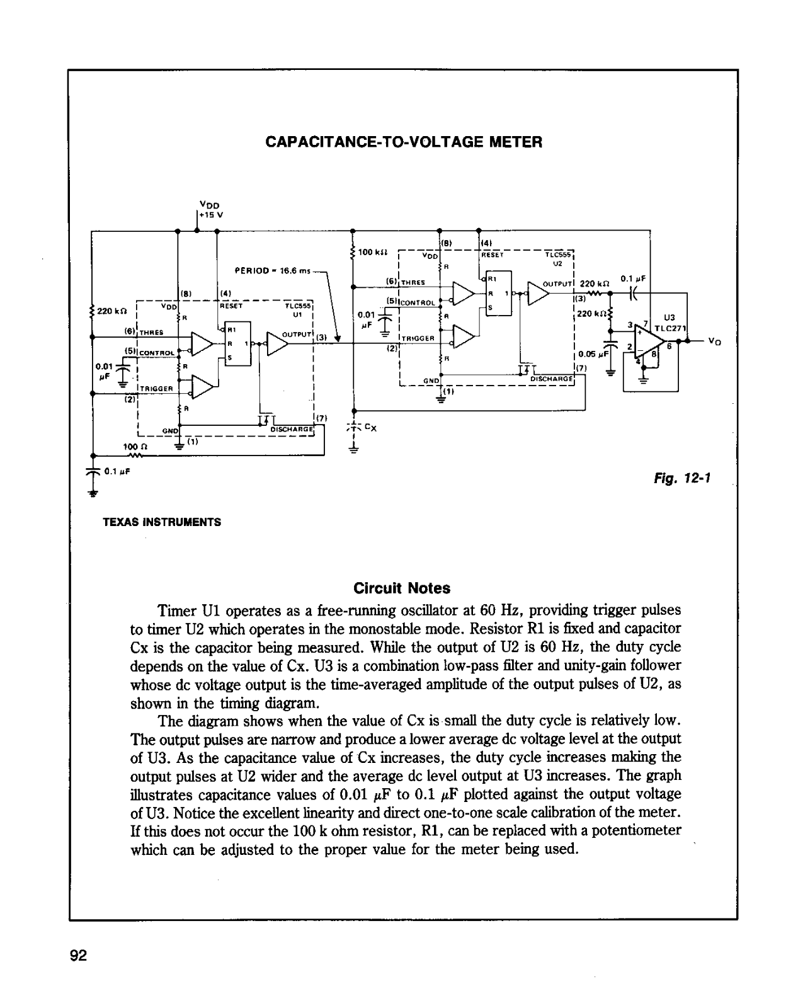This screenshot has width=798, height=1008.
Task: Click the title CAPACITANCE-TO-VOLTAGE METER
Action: pyautogui.click(x=404, y=142)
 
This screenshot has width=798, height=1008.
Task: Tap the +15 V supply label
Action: pyautogui.click(x=211, y=215)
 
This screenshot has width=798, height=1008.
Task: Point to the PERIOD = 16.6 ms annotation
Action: pyautogui.click(x=272, y=271)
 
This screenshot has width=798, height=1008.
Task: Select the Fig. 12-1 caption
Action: pyautogui.click(x=682, y=478)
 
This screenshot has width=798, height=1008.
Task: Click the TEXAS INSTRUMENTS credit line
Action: pyautogui.click(x=162, y=522)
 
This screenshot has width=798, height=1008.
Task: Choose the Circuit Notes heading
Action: pyautogui.click(x=402, y=588)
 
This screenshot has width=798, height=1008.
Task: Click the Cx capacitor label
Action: pyautogui.click(x=370, y=428)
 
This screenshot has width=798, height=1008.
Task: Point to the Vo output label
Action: pyautogui.click(x=715, y=341)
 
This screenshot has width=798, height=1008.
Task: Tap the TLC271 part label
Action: pyautogui.click(x=670, y=328)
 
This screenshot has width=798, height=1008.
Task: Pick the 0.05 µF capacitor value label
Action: pyautogui.click(x=593, y=354)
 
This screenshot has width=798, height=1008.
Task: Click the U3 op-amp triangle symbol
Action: pyautogui.click(x=649, y=343)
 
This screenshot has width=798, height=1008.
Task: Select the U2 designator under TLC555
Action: pyautogui.click(x=557, y=264)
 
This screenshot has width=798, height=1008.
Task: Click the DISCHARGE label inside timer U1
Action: pyautogui.click(x=292, y=429)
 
